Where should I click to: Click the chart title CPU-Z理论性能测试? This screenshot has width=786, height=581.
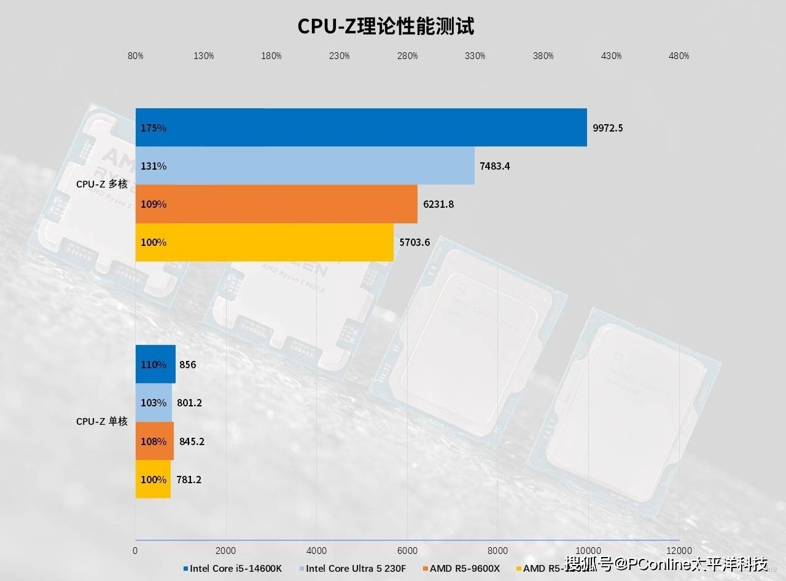pyautogui.click(x=386, y=26)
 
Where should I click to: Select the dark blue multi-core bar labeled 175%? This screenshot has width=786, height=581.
pyautogui.click(x=361, y=128)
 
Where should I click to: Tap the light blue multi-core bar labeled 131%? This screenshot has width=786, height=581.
pyautogui.click(x=305, y=166)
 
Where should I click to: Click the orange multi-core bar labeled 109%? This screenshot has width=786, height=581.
pyautogui.click(x=276, y=204)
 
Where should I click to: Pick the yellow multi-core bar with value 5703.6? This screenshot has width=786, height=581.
pyautogui.click(x=264, y=242)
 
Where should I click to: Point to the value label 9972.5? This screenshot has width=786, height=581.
pyautogui.click(x=608, y=128)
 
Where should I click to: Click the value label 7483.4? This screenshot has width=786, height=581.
pyautogui.click(x=495, y=166)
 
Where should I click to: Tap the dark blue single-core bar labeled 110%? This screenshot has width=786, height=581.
pyautogui.click(x=155, y=365)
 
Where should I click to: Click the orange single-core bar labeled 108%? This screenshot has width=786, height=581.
pyautogui.click(x=154, y=441)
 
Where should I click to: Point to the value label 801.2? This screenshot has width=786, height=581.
pyautogui.click(x=190, y=403)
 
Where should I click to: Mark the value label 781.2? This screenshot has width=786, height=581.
pyautogui.click(x=190, y=480)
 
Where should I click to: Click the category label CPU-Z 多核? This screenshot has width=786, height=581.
pyautogui.click(x=101, y=184)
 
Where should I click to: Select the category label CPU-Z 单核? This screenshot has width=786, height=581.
pyautogui.click(x=101, y=422)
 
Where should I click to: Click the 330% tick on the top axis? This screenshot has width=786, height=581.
pyautogui.click(x=475, y=56)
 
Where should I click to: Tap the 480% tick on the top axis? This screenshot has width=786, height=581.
pyautogui.click(x=679, y=56)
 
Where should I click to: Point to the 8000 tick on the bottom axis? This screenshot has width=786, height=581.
pyautogui.click(x=498, y=550)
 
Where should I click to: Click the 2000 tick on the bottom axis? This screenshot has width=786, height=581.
pyautogui.click(x=226, y=550)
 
